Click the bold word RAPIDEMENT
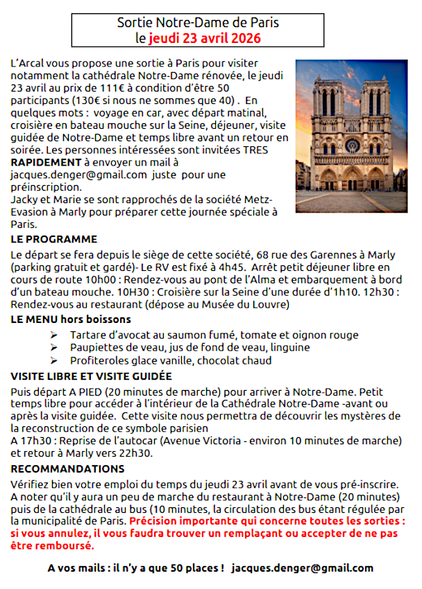pos(44,162)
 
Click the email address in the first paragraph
pos(79,175)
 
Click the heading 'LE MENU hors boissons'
pos(71,319)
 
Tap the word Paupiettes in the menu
pos(96,347)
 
